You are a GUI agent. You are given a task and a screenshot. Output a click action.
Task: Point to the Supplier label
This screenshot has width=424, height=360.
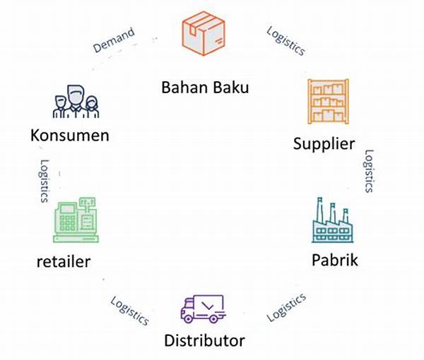pos(324,144)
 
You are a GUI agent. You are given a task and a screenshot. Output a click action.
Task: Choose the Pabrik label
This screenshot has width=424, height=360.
pos(335,260)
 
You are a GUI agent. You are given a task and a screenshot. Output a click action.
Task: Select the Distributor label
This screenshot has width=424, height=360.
pos(204,340)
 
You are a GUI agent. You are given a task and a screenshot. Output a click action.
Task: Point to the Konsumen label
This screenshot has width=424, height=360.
pos(70,134)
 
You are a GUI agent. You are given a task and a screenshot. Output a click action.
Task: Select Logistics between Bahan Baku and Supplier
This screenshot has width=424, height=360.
pos(286,41)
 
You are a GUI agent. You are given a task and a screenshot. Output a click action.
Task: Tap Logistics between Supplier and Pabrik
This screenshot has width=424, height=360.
pos(368,171)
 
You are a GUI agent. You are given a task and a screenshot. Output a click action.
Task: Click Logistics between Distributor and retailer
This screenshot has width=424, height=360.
pos(129,310)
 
